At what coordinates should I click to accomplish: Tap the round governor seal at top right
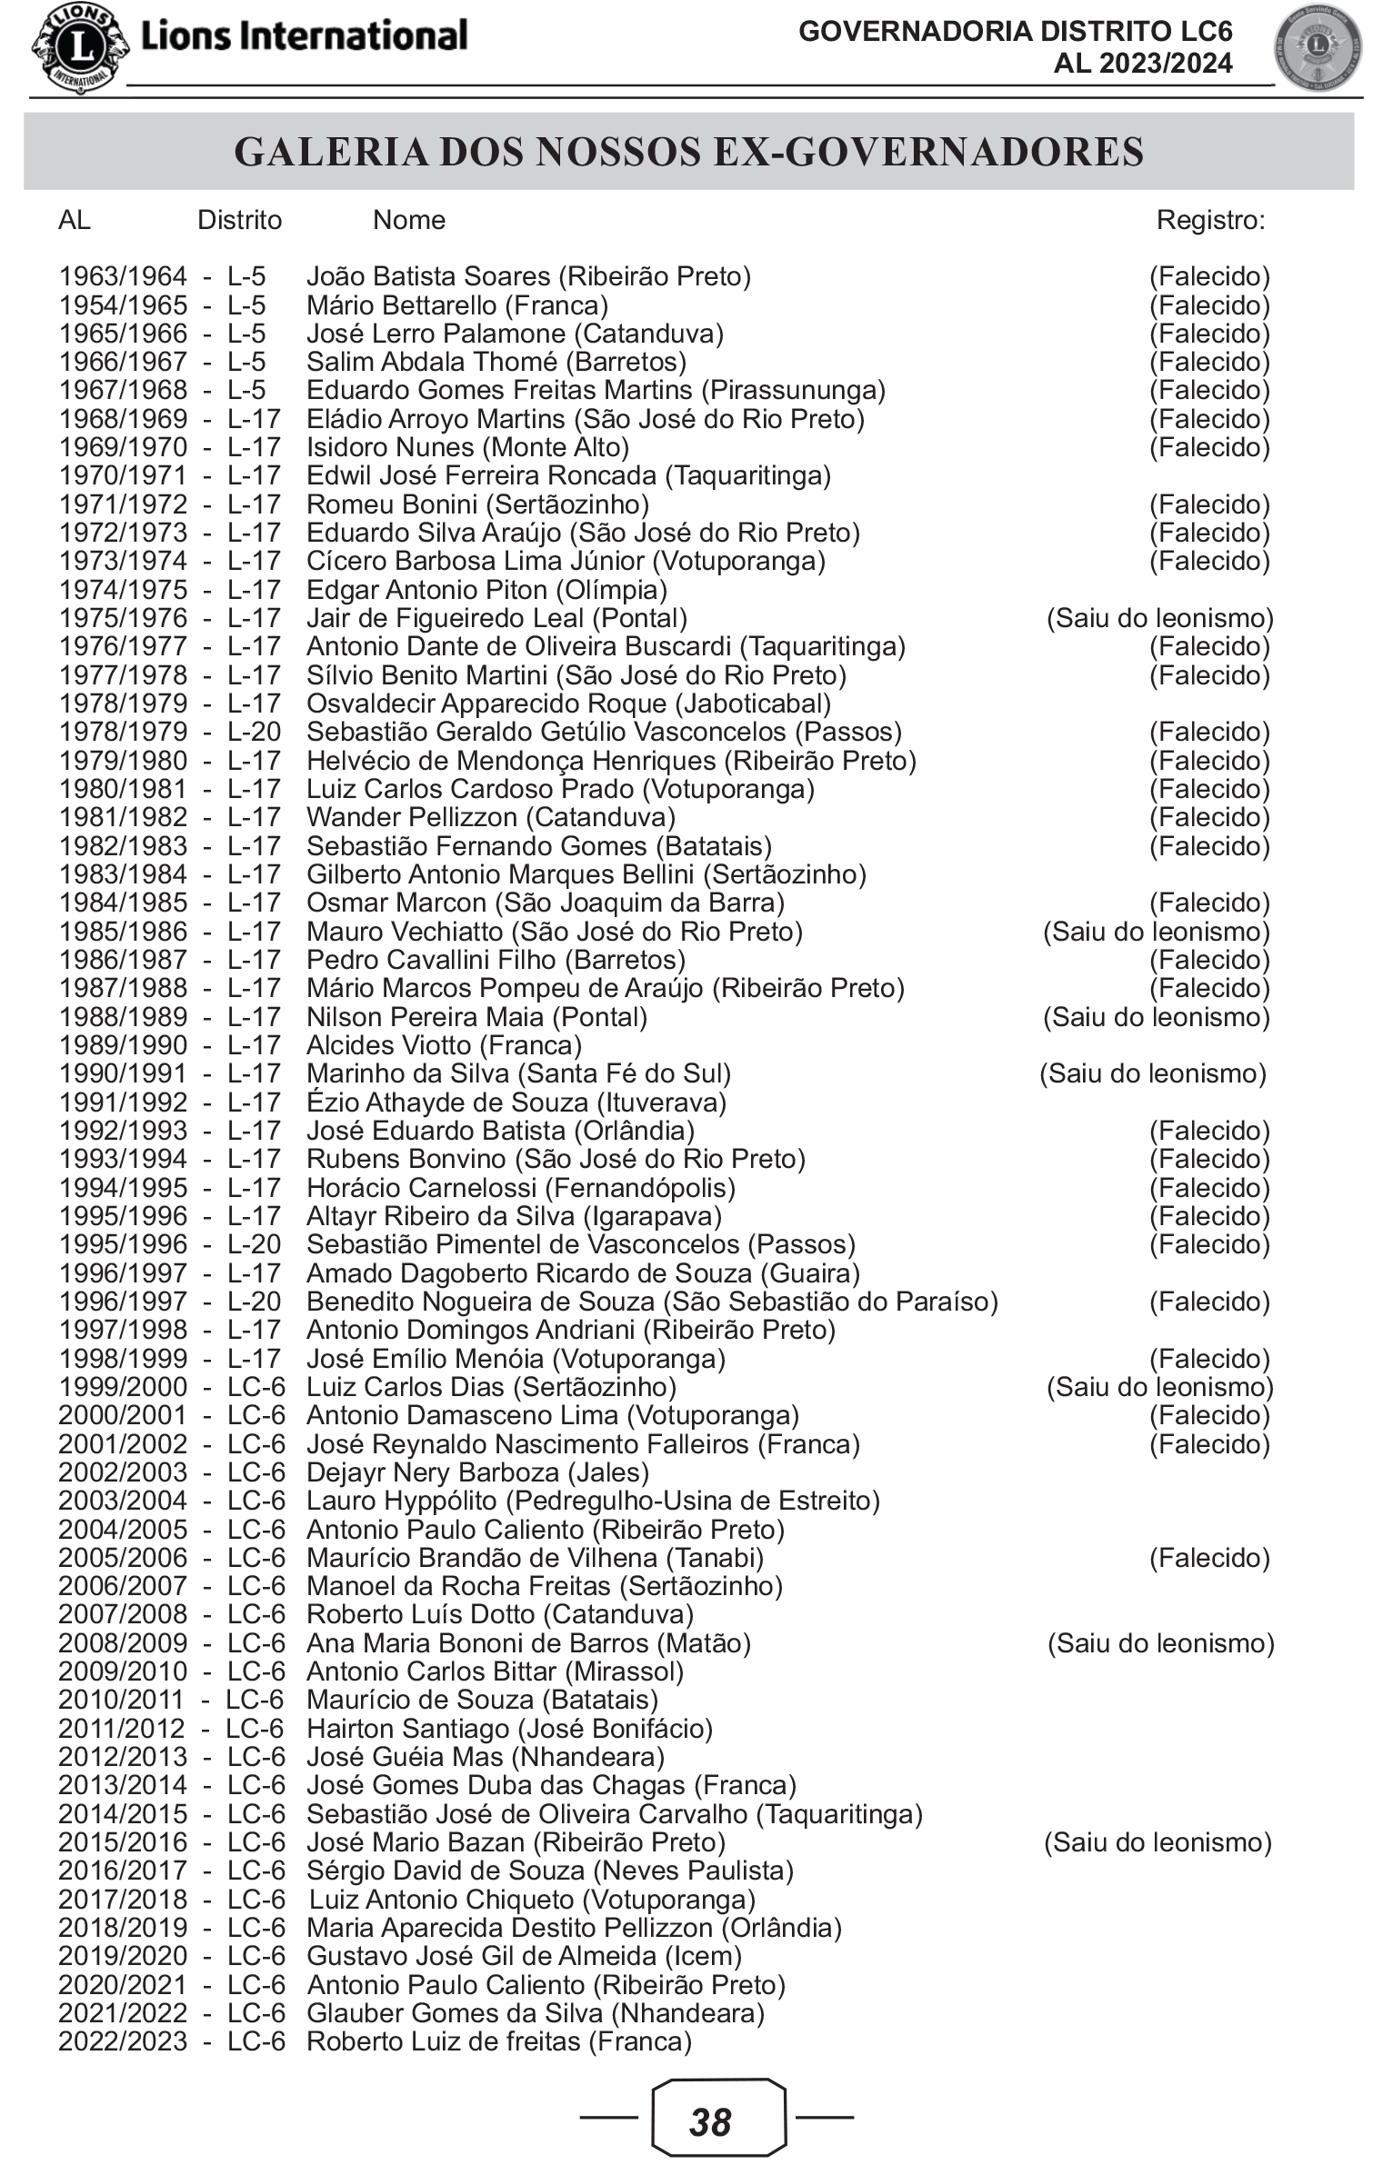click(x=1318, y=49)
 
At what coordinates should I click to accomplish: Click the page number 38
click(x=710, y=2121)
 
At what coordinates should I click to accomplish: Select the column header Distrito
click(x=240, y=220)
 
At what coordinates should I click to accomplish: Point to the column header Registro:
click(x=1210, y=220)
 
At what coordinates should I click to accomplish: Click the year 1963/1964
click(x=123, y=276)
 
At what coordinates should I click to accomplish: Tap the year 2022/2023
click(x=123, y=2041)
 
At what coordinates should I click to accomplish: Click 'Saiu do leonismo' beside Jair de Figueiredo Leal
click(x=1160, y=618)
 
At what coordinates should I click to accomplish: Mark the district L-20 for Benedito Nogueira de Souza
click(x=255, y=1302)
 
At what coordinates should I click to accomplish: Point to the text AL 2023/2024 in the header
click(x=1142, y=64)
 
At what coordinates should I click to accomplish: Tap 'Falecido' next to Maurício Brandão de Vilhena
click(x=1209, y=1558)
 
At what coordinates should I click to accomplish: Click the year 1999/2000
click(x=123, y=1387)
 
